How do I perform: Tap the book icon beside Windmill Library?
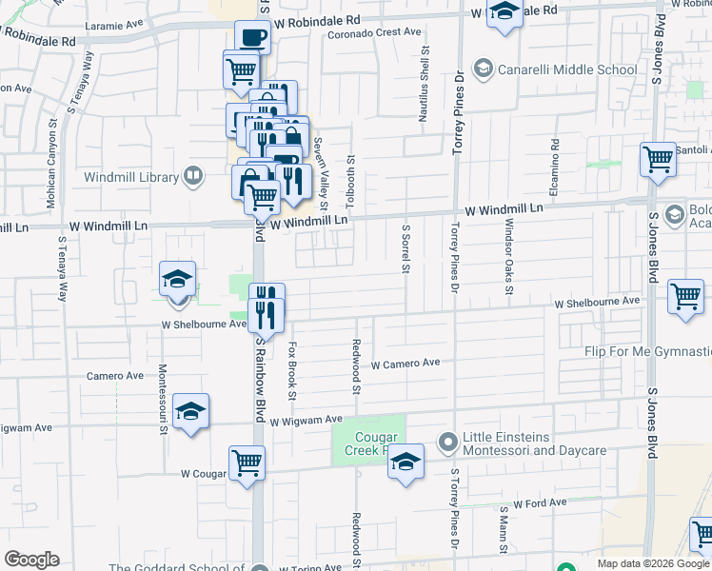(x=193, y=176)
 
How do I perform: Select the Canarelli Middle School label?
(x=567, y=69)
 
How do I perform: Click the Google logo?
(x=31, y=560)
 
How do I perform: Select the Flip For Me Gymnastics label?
(x=647, y=352)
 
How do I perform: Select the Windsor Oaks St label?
(x=509, y=251)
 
